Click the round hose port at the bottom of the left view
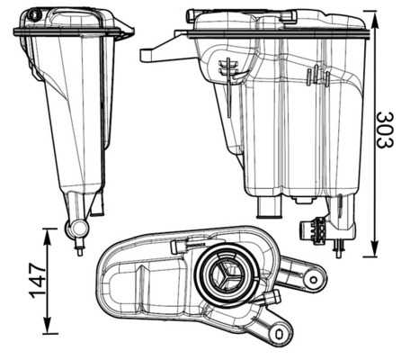(79, 229)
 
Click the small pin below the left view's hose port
(79, 247)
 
